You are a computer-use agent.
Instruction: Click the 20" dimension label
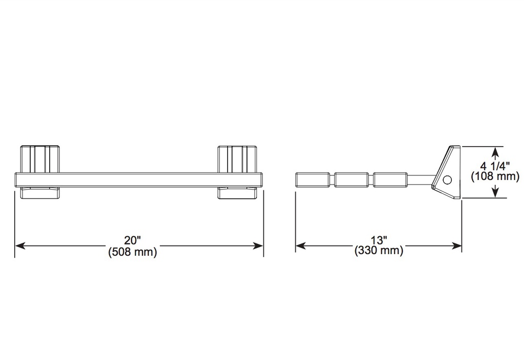(133, 240)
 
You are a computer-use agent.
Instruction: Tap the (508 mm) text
(133, 252)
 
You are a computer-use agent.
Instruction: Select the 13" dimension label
(379, 240)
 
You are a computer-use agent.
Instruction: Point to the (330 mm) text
(379, 250)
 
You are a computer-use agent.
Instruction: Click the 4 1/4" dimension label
(495, 166)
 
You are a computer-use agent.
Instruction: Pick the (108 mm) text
(495, 176)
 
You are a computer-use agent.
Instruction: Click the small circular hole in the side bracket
(447, 180)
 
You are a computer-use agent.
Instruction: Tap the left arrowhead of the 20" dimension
(20, 246)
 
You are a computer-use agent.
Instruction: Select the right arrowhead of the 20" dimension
(258, 246)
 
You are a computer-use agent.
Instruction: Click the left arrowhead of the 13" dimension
(301, 246)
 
